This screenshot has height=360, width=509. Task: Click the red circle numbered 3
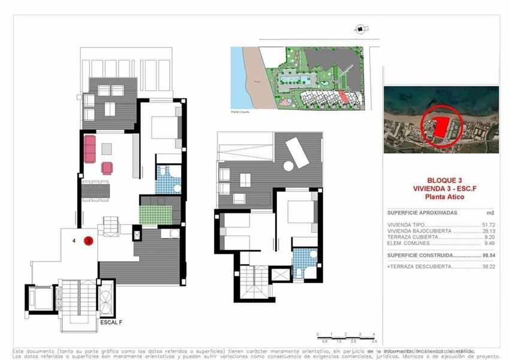[88, 241]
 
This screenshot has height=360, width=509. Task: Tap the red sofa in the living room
[89, 149]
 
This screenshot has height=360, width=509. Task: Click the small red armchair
[107, 168]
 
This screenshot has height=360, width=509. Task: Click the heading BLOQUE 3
[444, 180]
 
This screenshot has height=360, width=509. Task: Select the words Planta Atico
[444, 196]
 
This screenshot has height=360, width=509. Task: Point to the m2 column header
[490, 212]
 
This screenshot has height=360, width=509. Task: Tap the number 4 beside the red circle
[74, 241]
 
